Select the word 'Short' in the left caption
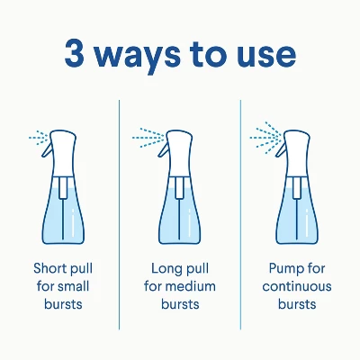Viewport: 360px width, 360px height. [49, 269]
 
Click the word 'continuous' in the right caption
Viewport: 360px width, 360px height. [297, 286]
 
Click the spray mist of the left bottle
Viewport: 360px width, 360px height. [38, 138]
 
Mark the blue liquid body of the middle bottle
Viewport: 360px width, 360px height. [180, 220]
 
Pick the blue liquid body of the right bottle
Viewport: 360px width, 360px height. [300, 220]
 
